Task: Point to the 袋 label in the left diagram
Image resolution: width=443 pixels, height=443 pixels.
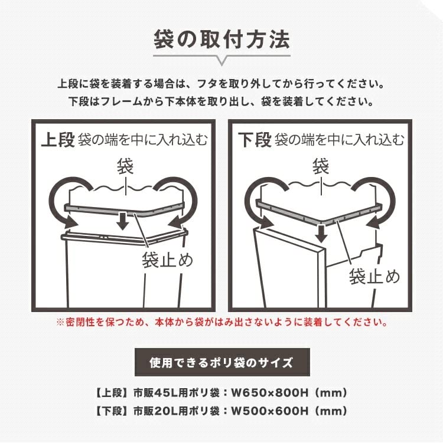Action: click(125, 166)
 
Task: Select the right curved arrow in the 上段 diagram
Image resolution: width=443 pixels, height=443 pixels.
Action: click(178, 201)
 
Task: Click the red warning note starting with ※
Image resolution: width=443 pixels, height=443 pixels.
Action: click(221, 323)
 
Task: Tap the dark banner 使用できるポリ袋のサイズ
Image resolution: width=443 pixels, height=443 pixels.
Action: click(221, 362)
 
